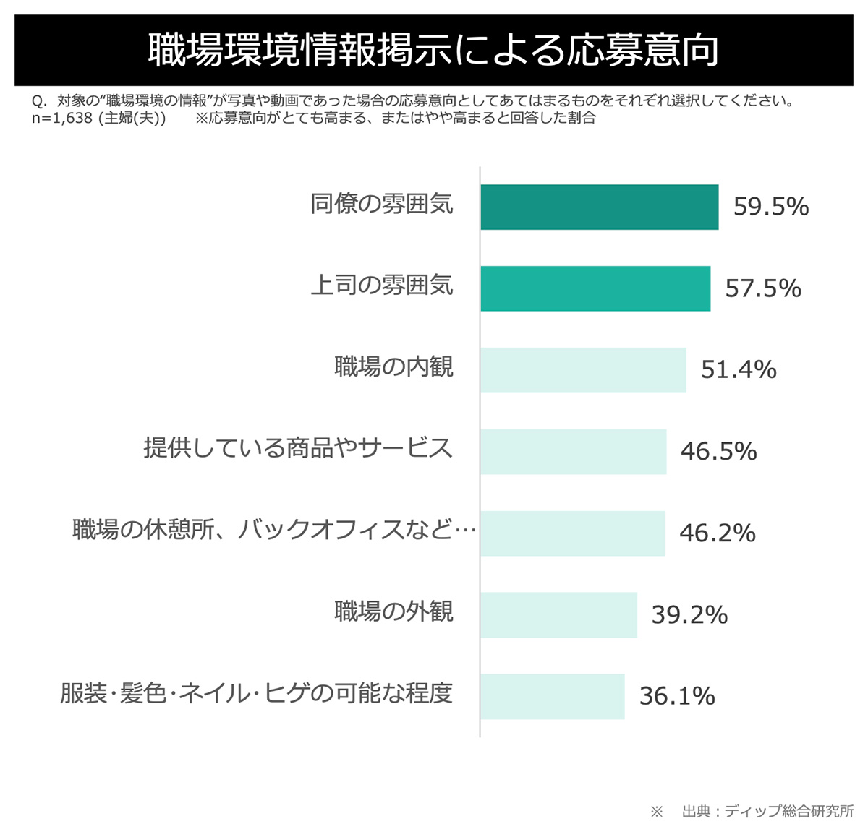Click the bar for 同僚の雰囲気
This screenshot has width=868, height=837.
(599, 207)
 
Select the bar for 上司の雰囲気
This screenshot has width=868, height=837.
(595, 288)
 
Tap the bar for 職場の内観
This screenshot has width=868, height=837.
(583, 370)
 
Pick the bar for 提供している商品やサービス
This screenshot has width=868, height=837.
(573, 452)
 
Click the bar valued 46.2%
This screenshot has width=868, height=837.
(572, 533)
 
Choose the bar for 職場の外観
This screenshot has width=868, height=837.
(558, 615)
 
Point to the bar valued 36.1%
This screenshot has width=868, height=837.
(552, 697)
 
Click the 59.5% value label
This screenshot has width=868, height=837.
(771, 207)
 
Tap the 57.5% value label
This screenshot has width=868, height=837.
(763, 288)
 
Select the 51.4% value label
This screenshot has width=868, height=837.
(739, 370)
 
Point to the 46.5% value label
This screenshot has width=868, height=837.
(718, 452)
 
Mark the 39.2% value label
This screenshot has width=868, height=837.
(689, 615)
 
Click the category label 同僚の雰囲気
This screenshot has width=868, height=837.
(382, 205)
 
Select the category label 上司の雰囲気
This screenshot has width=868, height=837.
(382, 286)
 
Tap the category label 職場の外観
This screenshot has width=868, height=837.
(393, 612)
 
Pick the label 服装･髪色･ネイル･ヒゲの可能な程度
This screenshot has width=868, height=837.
(256, 694)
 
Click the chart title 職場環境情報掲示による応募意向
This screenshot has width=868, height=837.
(433, 51)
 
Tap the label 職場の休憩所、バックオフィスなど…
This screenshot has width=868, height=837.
(274, 531)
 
